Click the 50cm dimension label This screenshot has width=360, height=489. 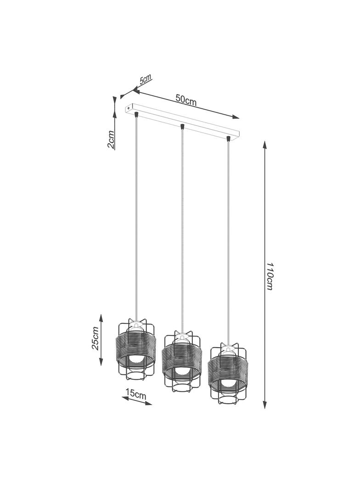click(x=186, y=100)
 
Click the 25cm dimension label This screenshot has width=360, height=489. click(x=96, y=339)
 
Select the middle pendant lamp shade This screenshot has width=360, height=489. click(x=182, y=361)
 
